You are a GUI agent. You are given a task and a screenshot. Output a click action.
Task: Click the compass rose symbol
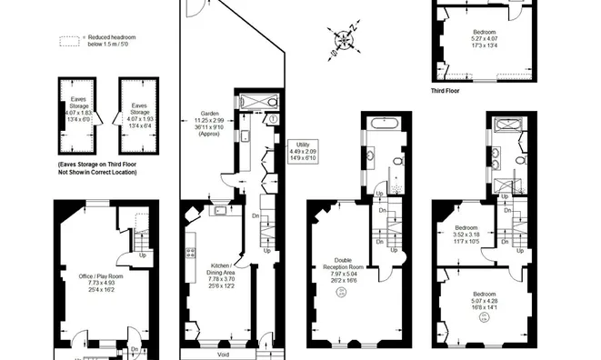pos(344,39)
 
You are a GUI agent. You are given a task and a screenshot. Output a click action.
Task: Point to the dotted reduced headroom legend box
pos(69,42)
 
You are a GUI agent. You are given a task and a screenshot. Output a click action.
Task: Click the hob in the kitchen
pos(192,254)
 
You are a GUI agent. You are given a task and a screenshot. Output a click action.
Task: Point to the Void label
pos(224,355)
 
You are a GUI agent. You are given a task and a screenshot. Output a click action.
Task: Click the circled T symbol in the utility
pos(272,119)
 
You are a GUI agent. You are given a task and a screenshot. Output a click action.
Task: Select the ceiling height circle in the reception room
pos(342,292)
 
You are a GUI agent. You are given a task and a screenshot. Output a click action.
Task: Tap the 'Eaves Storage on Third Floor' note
pos(96,167)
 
